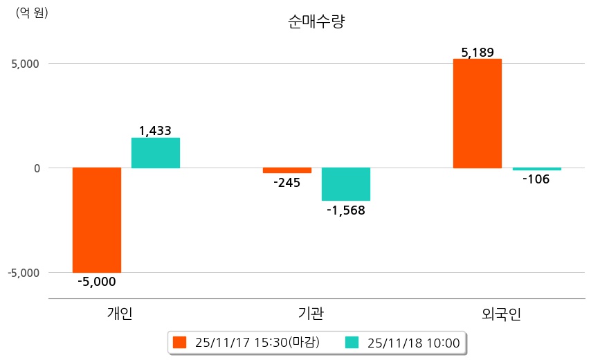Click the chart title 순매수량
click(x=316, y=22)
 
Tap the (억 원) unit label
click(x=32, y=12)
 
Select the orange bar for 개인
click(x=97, y=220)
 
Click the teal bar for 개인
click(x=156, y=153)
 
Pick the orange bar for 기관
click(x=287, y=170)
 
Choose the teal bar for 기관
click(x=346, y=184)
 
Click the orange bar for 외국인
click(x=477, y=114)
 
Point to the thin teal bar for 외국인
click(x=536, y=169)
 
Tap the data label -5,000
click(x=97, y=282)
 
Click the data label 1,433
click(x=155, y=130)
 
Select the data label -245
click(x=287, y=183)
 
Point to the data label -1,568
click(x=346, y=210)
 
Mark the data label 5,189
click(x=477, y=53)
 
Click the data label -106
click(x=536, y=180)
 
